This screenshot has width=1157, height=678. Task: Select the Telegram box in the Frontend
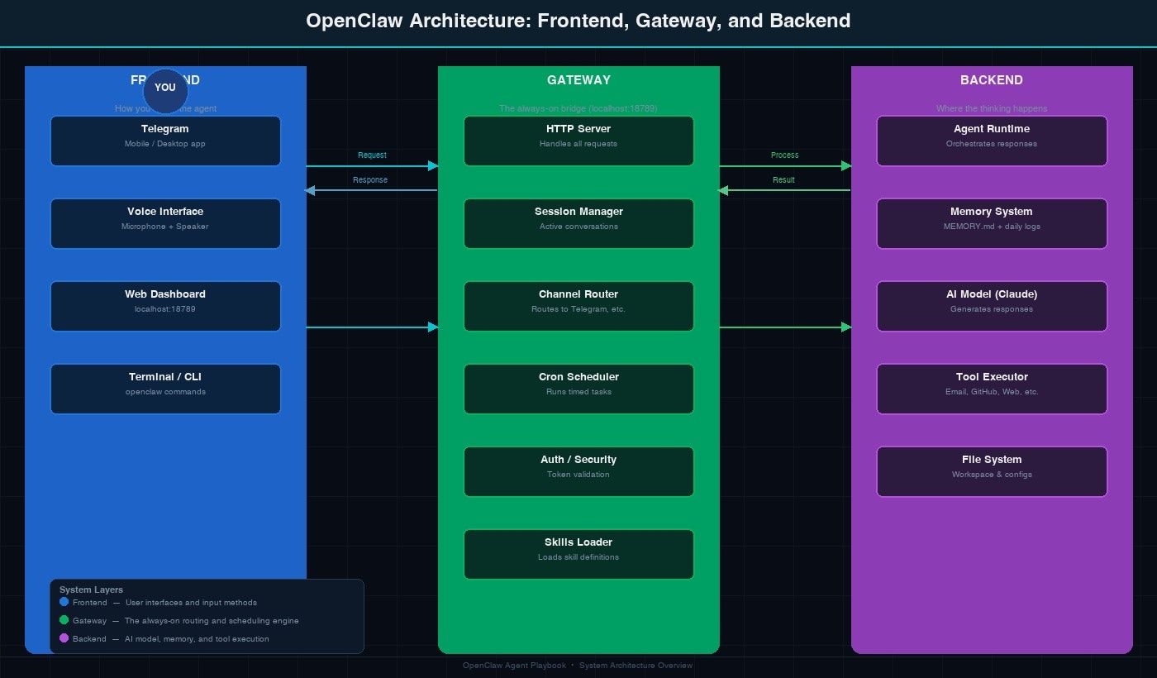[165, 141]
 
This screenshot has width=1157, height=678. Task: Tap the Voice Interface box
[165, 223]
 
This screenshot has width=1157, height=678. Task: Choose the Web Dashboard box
[165, 306]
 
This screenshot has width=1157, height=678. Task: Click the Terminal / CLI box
[165, 389]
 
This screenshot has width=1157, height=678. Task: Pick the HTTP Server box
[578, 141]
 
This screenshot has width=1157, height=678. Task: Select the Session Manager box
[578, 223]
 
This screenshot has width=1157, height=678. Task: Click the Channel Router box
[578, 306]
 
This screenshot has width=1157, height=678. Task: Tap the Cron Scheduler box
[578, 389]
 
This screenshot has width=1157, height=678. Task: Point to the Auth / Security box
[578, 471]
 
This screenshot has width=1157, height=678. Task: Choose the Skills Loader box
[578, 554]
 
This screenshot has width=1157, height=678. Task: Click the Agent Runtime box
[992, 141]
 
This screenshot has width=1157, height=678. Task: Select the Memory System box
[992, 223]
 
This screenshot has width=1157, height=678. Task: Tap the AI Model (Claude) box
[992, 306]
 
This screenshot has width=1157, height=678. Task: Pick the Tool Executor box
[992, 389]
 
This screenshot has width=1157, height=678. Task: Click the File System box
[992, 471]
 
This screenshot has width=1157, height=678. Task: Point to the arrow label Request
[372, 155]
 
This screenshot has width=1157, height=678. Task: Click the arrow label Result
[783, 180]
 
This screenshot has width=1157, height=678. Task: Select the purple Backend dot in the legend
[64, 638]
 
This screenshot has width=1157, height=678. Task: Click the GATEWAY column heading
[578, 80]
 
